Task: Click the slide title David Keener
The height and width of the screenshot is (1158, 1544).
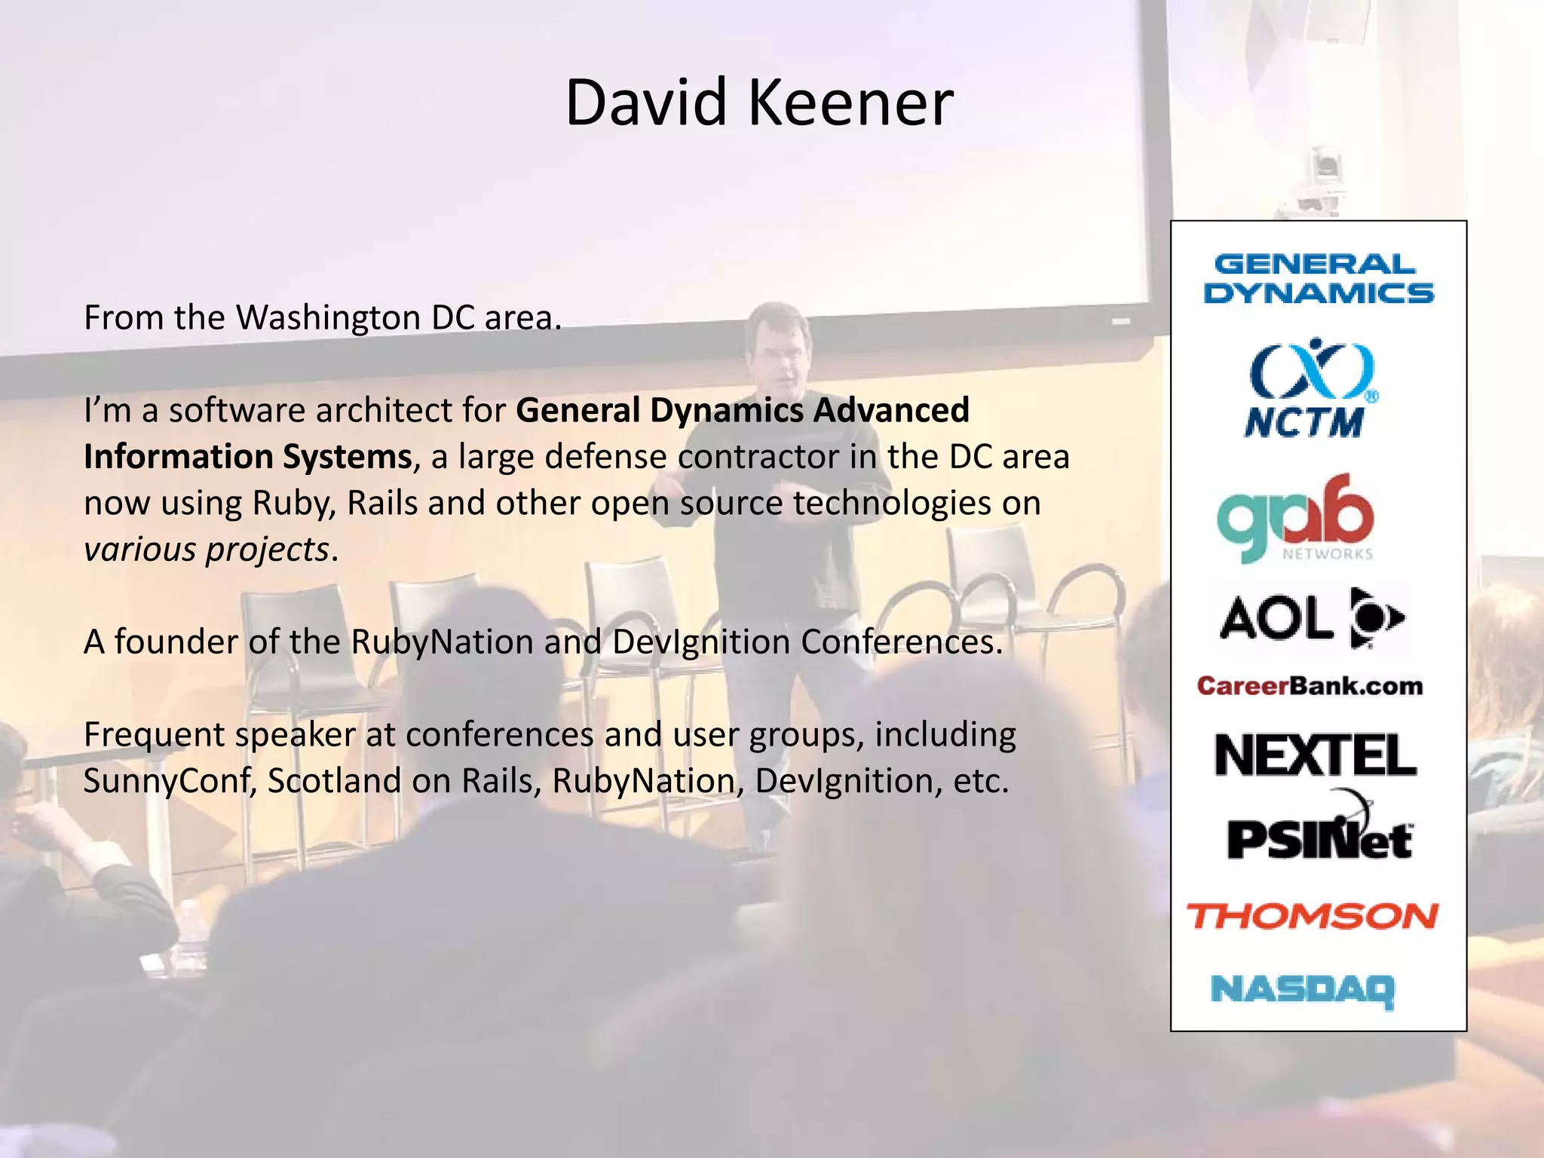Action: [759, 103]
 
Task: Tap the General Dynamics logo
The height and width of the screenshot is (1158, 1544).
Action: [1318, 279]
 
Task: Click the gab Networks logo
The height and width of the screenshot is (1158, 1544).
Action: [1295, 519]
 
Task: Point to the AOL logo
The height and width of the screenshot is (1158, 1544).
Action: [1312, 618]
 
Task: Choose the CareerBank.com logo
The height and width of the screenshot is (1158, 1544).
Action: [1310, 686]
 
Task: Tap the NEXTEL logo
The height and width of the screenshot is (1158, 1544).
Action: [1316, 755]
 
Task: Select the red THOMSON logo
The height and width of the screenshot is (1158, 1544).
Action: [1313, 916]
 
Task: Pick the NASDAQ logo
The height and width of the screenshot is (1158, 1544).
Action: [1303, 990]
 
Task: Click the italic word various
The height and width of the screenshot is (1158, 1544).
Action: [139, 550]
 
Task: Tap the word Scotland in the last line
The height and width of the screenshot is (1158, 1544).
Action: [335, 781]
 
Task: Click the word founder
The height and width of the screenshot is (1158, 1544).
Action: [176, 642]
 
